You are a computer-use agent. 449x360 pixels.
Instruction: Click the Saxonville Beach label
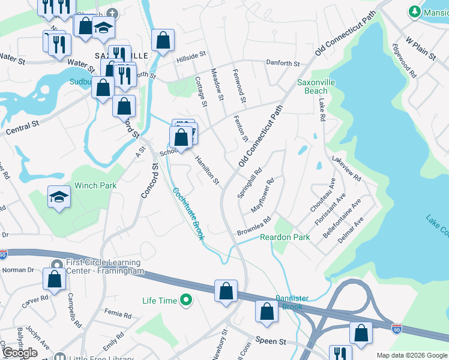[316, 86]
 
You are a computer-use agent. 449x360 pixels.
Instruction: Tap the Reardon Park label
[285, 238]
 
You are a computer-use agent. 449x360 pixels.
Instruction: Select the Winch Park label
[95, 186]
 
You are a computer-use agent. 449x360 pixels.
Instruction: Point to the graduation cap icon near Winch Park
[58, 197]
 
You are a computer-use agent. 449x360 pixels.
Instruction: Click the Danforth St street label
[282, 64]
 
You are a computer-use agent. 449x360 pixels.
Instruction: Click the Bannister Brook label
[291, 302]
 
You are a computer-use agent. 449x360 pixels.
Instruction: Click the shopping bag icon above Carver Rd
[54, 279]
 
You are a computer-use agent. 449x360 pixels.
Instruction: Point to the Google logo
[20, 353]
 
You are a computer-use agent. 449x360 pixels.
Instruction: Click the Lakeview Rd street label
[346, 169]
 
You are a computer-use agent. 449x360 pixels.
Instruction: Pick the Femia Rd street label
[118, 314]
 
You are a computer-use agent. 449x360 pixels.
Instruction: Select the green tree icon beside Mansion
[414, 11]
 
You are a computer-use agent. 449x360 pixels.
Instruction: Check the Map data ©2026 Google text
[412, 355]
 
